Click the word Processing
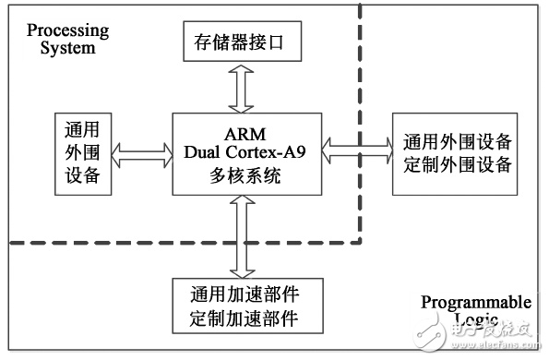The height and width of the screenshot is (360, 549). pos(67,30)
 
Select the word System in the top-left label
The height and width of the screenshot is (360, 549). pos(67,48)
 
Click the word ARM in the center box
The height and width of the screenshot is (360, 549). pos(245,134)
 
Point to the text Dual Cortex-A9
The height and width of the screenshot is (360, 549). pos(245,152)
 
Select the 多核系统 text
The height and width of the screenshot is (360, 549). pos(245,175)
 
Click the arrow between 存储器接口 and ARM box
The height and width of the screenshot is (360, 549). pos(241,89)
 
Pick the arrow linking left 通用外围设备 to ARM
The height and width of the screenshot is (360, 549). pos(142,155)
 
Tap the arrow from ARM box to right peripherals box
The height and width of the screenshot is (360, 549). pos(357,150)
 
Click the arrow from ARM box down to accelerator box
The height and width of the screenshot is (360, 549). pos(243,237)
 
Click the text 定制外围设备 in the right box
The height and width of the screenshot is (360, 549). pos(458,164)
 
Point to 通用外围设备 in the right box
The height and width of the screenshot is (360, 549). pos(458,142)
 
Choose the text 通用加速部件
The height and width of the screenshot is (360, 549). pos(245,294)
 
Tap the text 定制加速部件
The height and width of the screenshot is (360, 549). pos(245,318)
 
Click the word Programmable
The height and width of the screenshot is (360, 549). pos(476,303)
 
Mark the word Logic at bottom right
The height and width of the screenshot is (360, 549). pos(476,318)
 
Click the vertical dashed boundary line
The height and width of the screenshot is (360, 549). pos(360,123)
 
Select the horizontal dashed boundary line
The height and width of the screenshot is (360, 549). pos(185,242)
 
